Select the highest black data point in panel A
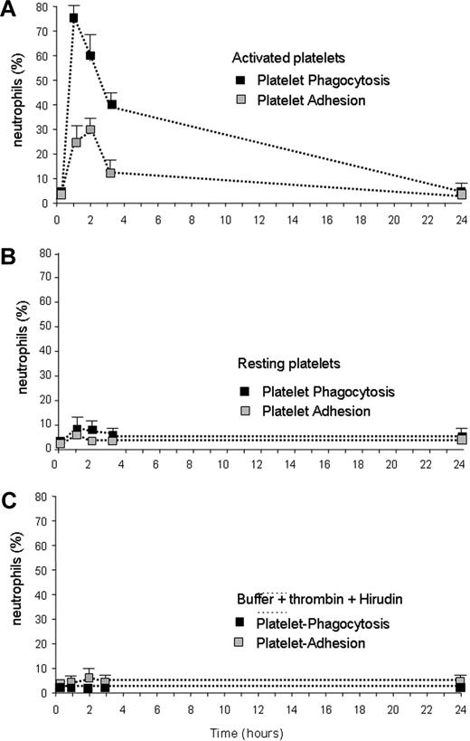(73, 18)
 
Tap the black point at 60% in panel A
(90, 55)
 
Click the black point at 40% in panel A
(112, 104)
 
